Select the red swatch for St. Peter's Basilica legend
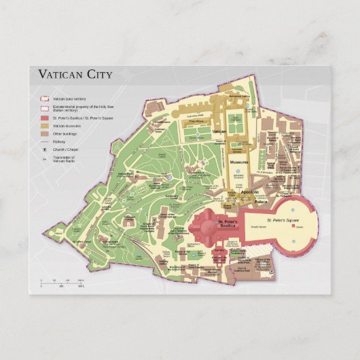point(43,118)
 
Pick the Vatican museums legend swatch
point(43,126)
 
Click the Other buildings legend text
point(65,134)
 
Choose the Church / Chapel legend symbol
point(43,149)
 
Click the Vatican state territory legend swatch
point(43,99)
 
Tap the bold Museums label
point(238,163)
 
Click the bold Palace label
point(261,202)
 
